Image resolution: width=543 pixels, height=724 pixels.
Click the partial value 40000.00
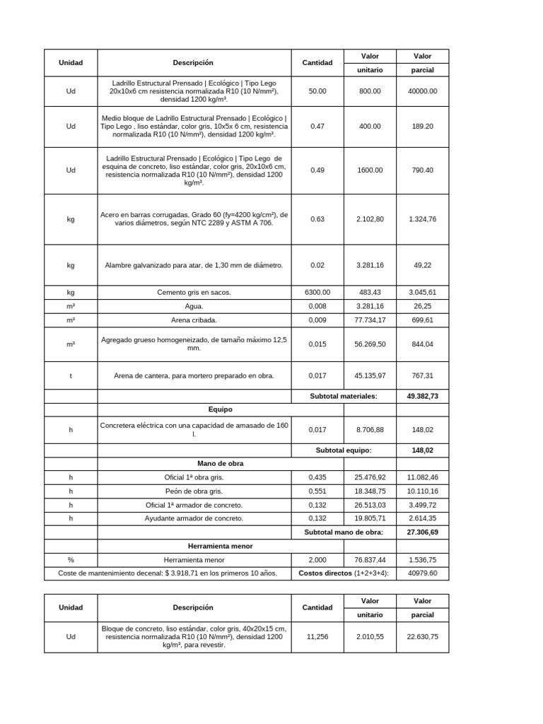click(422, 91)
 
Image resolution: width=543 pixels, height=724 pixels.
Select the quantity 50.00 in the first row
click(317, 91)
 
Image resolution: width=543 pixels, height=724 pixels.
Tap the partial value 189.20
click(422, 126)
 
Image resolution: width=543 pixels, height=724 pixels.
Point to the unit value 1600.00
click(370, 170)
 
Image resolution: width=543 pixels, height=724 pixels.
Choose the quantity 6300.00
click(317, 292)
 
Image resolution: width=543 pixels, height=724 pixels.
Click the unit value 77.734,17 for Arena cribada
click(370, 320)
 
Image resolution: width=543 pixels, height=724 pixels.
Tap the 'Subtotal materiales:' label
click(343, 396)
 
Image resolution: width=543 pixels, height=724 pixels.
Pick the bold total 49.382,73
click(422, 396)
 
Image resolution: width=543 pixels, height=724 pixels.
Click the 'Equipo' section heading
click(220, 409)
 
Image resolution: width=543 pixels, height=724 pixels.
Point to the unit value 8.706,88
click(370, 429)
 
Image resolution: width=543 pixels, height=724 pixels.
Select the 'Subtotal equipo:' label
click(343, 450)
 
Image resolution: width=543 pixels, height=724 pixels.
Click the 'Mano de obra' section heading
click(220, 463)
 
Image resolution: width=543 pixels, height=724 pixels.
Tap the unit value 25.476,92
click(370, 477)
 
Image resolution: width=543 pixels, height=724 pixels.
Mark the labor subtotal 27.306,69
click(422, 532)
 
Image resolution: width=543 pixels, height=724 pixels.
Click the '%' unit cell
click(71, 559)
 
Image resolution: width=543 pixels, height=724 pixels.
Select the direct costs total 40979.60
click(422, 573)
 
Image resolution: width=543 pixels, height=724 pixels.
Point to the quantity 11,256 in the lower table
click(317, 636)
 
